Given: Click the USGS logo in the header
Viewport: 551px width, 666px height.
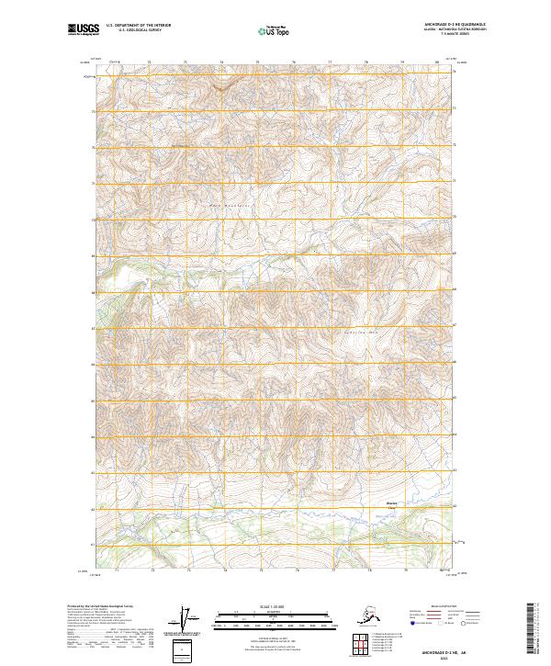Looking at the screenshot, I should click(84, 30).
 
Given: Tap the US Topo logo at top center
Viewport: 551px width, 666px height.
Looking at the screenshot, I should click(275, 30).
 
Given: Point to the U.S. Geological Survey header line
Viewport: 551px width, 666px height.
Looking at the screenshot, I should click(133, 32).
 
